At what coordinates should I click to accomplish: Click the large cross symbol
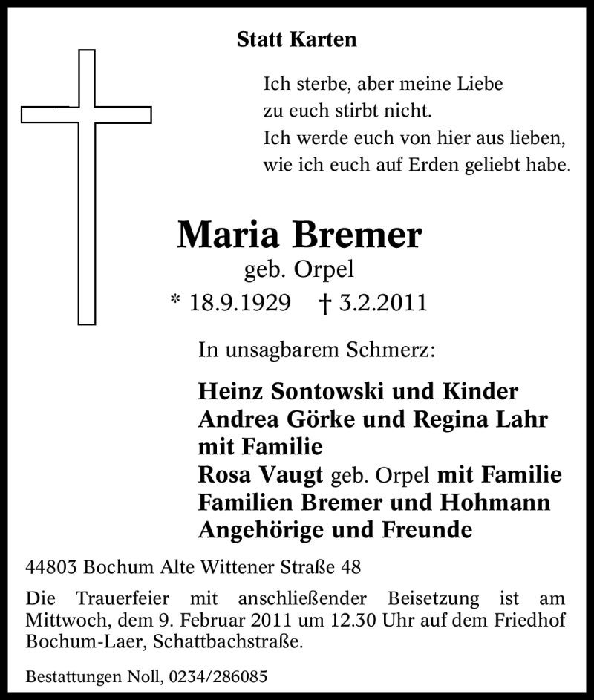87,115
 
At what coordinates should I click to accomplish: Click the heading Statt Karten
296,39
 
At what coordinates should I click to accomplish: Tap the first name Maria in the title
227,235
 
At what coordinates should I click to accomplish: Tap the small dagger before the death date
324,303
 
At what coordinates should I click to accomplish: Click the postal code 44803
52,568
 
